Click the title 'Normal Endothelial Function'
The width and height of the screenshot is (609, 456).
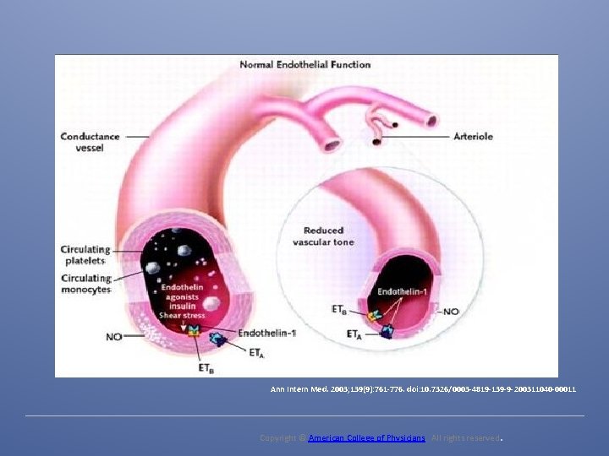point(305,64)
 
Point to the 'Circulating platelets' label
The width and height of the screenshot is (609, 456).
point(85,255)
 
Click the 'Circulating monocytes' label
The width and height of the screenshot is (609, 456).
point(85,284)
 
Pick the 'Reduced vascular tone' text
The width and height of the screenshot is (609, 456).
point(323,236)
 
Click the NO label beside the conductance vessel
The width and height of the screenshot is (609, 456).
point(113,336)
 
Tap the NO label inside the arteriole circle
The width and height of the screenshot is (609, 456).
point(451,312)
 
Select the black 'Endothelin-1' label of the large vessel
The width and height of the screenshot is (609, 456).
point(267,333)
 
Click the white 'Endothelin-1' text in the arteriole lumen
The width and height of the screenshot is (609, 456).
point(401,291)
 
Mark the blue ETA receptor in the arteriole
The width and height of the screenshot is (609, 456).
point(386,331)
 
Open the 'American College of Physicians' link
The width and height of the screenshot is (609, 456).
point(366,438)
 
